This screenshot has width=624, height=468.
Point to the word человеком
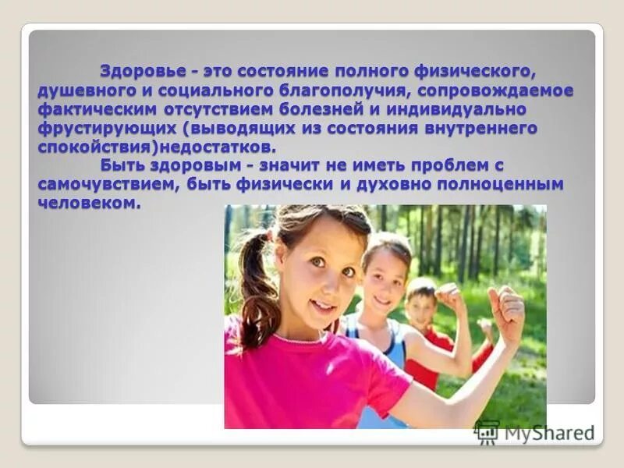coord(87,204)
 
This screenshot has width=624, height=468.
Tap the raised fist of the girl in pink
coord(506,308)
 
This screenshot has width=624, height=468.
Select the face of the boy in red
coord(421,306)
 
